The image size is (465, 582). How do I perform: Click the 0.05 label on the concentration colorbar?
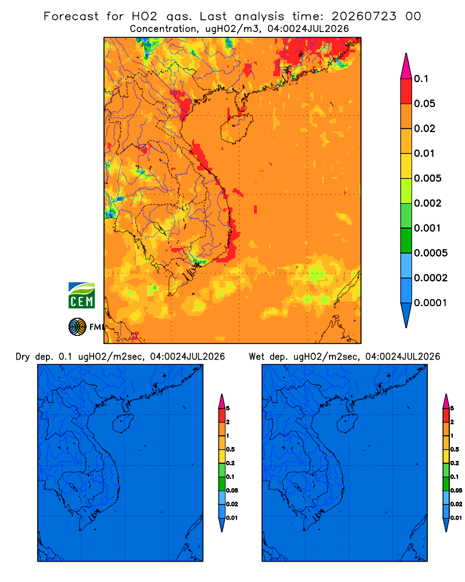(x=424, y=104)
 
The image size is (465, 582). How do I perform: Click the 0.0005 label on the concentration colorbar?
(x=431, y=253)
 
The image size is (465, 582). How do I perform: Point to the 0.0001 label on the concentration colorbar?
(x=431, y=303)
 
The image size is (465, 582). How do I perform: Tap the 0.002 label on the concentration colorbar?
(x=428, y=203)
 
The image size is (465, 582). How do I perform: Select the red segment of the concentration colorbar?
(x=406, y=91)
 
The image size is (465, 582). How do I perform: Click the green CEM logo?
(x=81, y=295)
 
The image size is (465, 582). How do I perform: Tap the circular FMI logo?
(x=77, y=327)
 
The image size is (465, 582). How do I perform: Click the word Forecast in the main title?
(x=71, y=16)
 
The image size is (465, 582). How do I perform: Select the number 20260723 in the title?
(x=364, y=16)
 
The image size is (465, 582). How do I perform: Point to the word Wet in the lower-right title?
(x=256, y=357)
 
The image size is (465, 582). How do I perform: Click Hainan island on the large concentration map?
(x=236, y=129)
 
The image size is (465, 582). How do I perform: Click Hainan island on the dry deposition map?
(x=122, y=424)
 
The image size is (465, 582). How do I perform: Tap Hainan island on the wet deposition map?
(x=346, y=424)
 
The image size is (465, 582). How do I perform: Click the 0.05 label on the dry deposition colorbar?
(x=232, y=490)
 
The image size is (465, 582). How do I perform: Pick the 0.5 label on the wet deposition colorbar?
(x=455, y=449)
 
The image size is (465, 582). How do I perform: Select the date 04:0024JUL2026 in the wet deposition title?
(x=403, y=357)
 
